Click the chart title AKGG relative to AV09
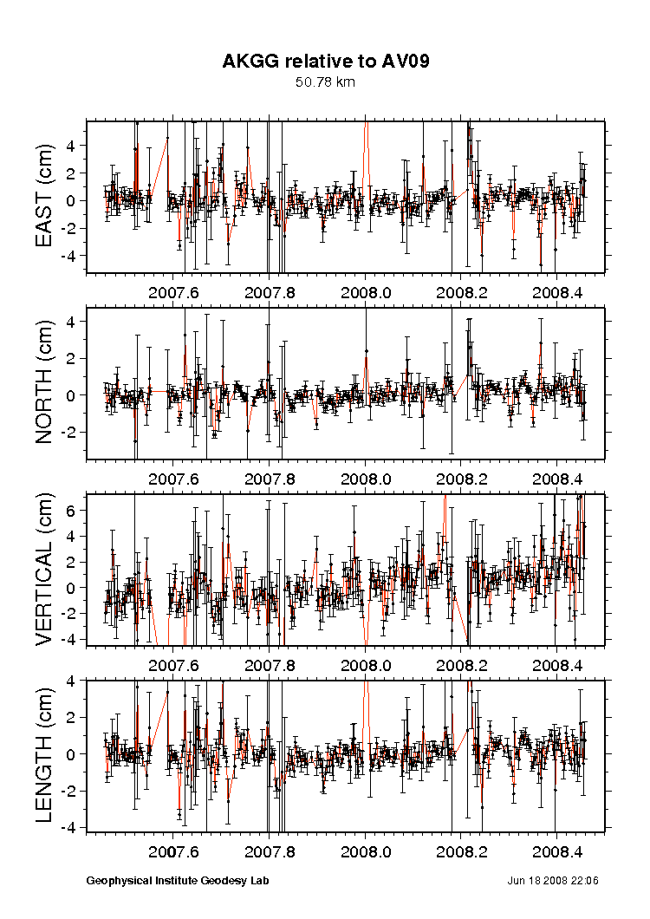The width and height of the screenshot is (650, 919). (x=326, y=61)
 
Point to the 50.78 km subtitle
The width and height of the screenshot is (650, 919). (x=325, y=82)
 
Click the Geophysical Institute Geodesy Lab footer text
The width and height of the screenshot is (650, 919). (x=178, y=881)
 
